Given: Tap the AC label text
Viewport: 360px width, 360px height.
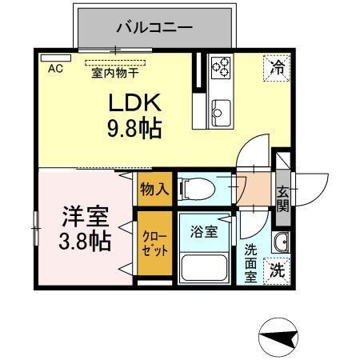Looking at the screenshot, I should [55, 69].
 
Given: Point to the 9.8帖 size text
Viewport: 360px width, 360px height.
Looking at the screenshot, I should [135, 128].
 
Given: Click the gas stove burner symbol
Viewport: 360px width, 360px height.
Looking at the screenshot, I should [221, 67].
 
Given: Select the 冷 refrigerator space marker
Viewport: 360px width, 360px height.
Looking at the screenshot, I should [276, 68].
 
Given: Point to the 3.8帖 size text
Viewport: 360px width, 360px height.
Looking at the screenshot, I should [84, 242].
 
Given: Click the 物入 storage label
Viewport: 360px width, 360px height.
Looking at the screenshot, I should [153, 189].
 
